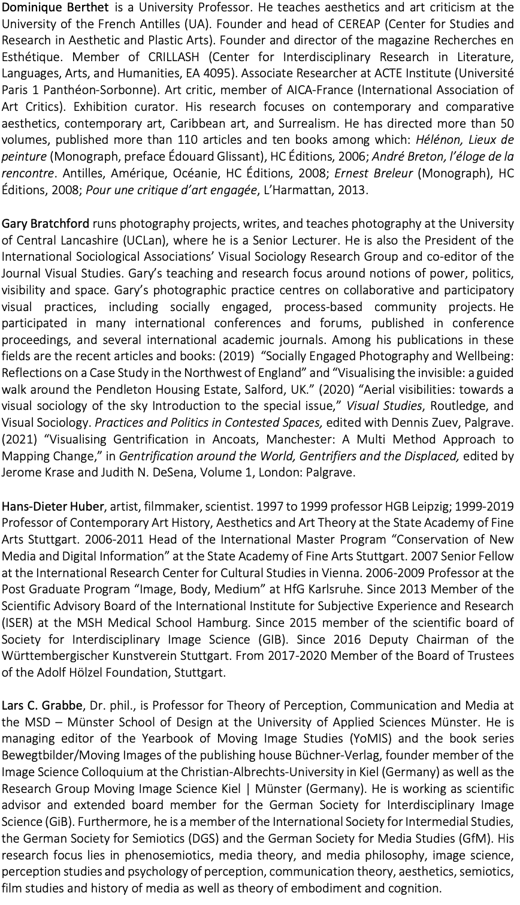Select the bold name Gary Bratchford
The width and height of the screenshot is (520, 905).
(x=46, y=224)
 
